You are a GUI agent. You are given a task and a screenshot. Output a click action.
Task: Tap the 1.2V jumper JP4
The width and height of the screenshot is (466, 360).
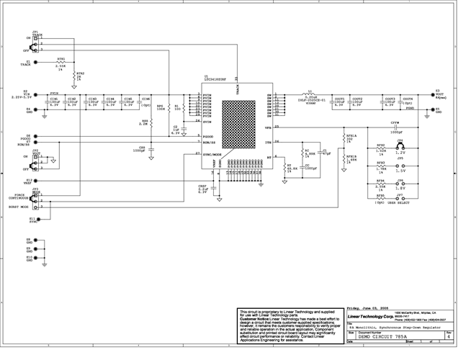click(x=400, y=147)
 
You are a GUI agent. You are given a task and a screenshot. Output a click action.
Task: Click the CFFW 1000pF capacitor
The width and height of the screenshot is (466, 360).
click(x=396, y=127)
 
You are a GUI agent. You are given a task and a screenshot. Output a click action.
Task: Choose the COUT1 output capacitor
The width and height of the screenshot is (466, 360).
click(x=338, y=103)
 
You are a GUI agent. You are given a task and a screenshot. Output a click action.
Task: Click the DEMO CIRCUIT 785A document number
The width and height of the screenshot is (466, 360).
click(x=382, y=336)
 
